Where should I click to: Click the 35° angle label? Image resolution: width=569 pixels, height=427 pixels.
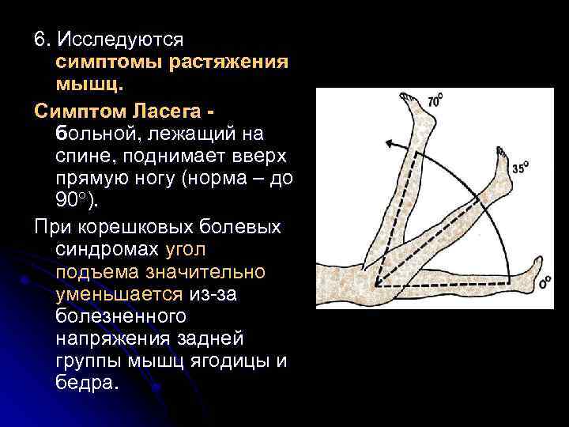520,168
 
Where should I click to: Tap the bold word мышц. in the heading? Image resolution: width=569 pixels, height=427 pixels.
89,83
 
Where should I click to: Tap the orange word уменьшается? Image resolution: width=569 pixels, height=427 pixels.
119,294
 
